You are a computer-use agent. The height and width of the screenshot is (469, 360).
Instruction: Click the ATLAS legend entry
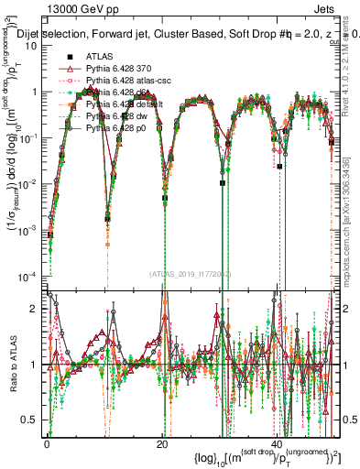click(100, 57)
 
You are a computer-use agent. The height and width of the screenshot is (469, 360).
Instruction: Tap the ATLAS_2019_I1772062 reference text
click(189, 274)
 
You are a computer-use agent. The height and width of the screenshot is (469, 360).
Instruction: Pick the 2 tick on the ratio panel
click(37, 310)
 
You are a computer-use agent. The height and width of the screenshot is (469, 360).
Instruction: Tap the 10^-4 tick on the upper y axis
click(31, 277)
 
